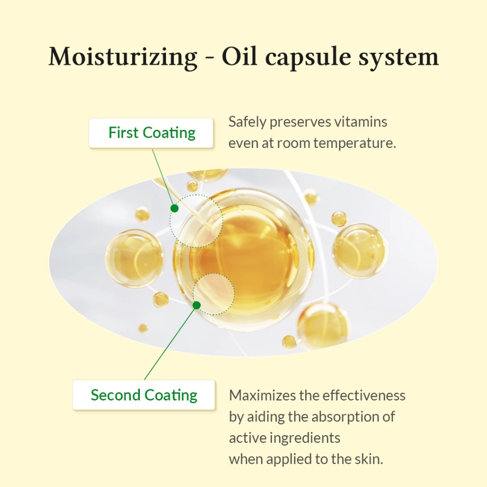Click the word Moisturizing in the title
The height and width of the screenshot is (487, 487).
point(123,57)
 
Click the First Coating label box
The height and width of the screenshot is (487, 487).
point(151,133)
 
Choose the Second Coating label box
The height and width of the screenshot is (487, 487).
point(144,395)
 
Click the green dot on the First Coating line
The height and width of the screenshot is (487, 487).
point(175,208)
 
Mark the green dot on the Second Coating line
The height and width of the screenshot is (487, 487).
point(196,305)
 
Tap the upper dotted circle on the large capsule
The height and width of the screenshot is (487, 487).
point(196,221)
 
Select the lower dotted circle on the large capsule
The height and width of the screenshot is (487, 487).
point(214,294)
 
